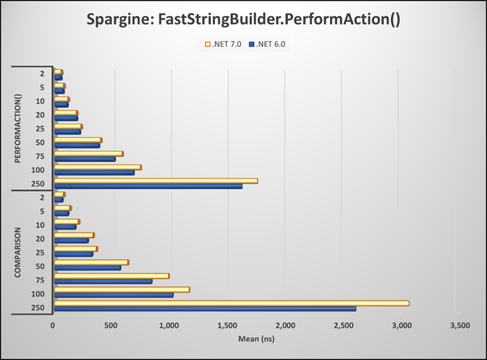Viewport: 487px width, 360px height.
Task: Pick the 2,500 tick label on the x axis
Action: click(342, 325)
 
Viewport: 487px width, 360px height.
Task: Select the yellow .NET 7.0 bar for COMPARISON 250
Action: click(232, 303)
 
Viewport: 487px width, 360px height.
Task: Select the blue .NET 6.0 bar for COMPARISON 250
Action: click(205, 309)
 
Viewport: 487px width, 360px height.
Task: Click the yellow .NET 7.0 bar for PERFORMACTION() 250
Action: click(156, 181)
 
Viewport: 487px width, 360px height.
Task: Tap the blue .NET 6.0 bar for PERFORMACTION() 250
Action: click(148, 186)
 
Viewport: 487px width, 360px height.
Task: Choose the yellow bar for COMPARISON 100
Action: click(122, 289)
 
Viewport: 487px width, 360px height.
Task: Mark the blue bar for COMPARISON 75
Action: click(103, 280)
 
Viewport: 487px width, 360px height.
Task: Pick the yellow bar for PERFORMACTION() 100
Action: click(98, 167)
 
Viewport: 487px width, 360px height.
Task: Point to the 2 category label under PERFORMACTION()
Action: click(42, 74)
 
